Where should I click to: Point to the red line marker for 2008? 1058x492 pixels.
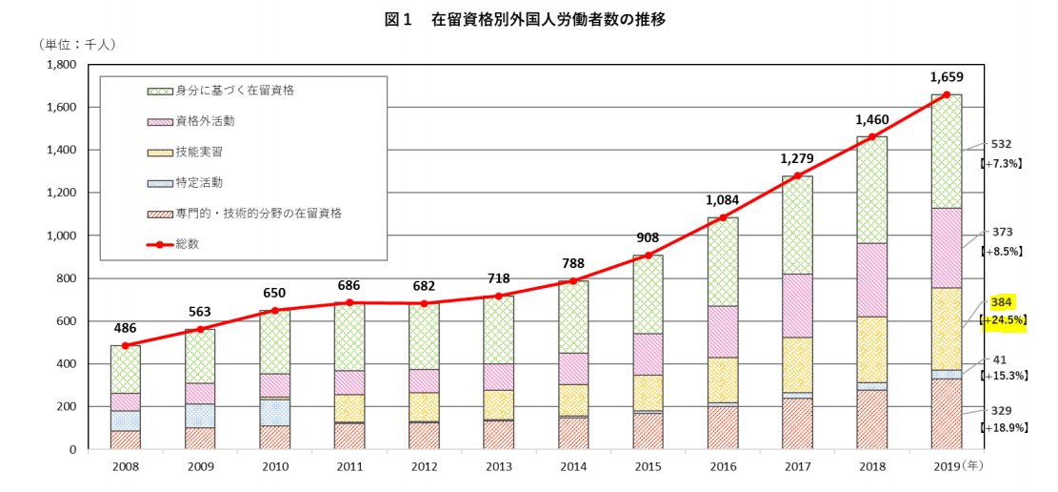click(126, 345)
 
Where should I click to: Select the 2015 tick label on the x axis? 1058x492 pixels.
click(647, 467)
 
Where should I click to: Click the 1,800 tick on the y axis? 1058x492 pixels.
click(61, 65)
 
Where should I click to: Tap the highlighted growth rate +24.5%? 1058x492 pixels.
click(1004, 320)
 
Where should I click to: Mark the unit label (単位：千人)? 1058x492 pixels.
click(78, 44)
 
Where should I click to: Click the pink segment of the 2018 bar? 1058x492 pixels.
click(872, 279)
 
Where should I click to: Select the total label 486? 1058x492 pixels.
click(126, 326)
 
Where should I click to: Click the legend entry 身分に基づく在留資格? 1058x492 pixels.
click(234, 92)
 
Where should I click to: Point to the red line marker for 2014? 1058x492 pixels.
click(573, 281)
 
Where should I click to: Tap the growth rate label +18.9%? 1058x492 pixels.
click(1004, 428)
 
